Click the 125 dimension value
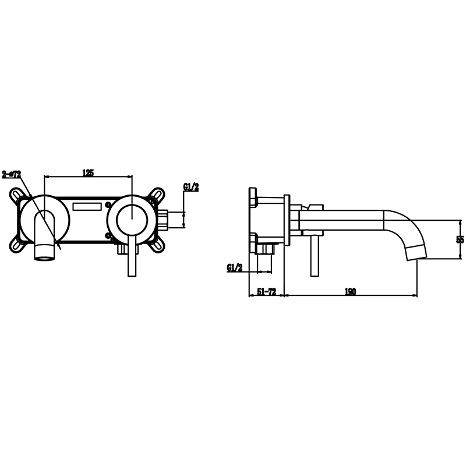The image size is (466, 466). coord(88,172)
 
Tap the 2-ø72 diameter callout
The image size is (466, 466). coord(12,174)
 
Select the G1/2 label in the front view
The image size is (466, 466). coord(191,187)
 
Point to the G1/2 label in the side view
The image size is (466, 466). coord(235,268)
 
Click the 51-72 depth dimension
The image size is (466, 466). coord(267,292)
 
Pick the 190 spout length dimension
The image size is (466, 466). coord(350,292)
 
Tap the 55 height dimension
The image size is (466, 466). coord(460,239)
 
